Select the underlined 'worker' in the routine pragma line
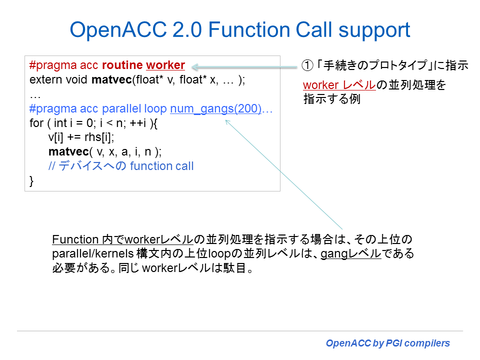(165, 65)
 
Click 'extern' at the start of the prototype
(43, 80)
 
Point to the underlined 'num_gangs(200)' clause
(215, 109)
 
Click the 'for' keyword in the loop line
(36, 123)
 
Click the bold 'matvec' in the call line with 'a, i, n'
(68, 151)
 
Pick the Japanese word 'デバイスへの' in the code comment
(93, 166)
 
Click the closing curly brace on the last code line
(32, 180)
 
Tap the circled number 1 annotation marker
(306, 65)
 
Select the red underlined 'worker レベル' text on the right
(339, 85)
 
